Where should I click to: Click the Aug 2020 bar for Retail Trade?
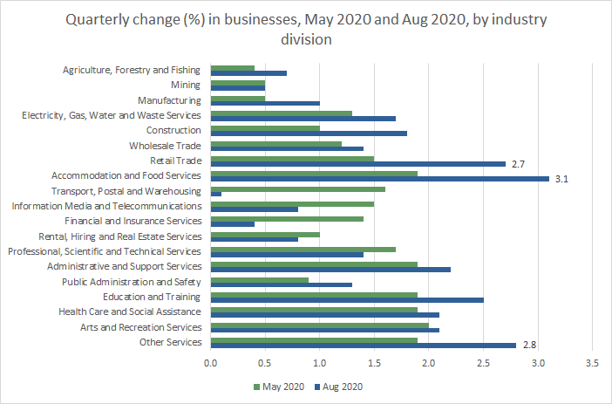(x=357, y=163)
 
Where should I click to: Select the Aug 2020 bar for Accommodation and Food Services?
(x=379, y=179)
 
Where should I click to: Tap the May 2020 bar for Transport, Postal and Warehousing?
(x=297, y=188)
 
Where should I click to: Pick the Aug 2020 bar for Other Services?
(x=363, y=346)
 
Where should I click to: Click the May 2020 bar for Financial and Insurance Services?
(x=287, y=218)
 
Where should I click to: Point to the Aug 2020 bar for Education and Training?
(x=347, y=300)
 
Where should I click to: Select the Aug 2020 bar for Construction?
(x=309, y=134)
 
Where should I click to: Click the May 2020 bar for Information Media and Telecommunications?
(x=292, y=203)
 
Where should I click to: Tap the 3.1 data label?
(x=562, y=179)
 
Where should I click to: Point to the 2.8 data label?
(x=529, y=346)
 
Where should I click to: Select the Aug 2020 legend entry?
(x=338, y=387)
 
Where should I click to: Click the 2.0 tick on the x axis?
(x=428, y=362)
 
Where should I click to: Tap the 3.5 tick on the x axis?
(x=592, y=362)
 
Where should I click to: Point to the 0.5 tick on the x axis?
(x=265, y=362)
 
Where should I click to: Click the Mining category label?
(x=187, y=86)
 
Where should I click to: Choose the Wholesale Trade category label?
(x=165, y=146)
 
